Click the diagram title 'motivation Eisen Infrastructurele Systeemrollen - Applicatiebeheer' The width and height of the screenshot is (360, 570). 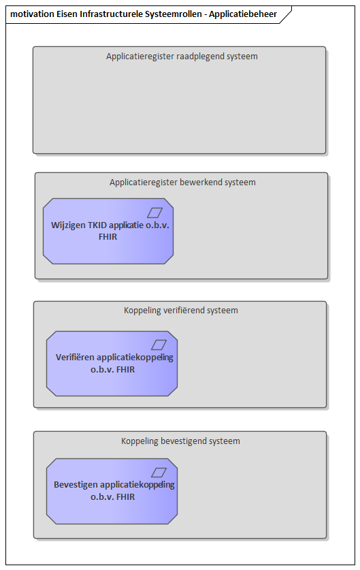click(144, 14)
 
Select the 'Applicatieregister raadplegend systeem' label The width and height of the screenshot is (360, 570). click(182, 57)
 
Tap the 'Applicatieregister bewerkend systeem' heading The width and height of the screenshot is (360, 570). click(182, 182)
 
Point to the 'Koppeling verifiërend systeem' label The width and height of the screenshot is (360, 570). click(181, 311)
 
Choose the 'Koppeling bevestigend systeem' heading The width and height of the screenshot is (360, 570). click(180, 441)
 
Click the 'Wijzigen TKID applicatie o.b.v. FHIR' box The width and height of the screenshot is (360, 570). click(108, 231)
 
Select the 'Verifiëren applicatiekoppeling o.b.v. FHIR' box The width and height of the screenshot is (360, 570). click(112, 364)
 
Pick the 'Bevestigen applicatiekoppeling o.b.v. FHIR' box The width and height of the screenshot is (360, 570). click(112, 491)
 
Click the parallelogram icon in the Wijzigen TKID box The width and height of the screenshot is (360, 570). click(154, 212)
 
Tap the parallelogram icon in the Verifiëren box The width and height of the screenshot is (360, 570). click(159, 345)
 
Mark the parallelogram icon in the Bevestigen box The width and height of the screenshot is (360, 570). click(159, 473)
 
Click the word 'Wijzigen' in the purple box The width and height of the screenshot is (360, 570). click(68, 225)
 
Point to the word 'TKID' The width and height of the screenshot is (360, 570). click(97, 225)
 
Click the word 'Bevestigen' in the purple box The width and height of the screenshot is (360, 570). click(76, 485)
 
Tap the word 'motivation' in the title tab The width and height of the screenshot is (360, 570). click(33, 14)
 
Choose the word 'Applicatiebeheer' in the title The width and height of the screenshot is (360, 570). click(243, 14)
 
